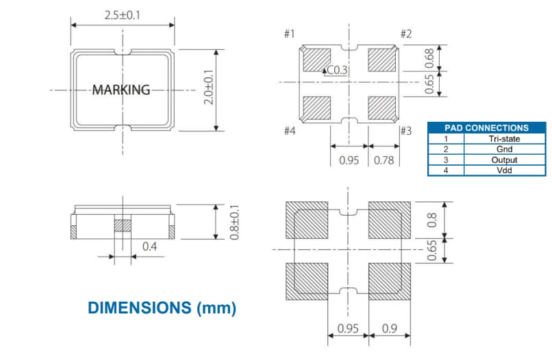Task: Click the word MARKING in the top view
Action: pyautogui.click(x=121, y=90)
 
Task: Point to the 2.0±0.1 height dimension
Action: pyautogui.click(x=210, y=89)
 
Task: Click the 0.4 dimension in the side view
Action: pyautogui.click(x=149, y=245)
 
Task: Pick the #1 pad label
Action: pyautogui.click(x=289, y=34)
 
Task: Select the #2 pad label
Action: pyautogui.click(x=405, y=34)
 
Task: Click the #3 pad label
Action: pyautogui.click(x=405, y=131)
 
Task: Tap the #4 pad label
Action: pyautogui.click(x=289, y=131)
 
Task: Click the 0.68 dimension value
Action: pyautogui.click(x=429, y=57)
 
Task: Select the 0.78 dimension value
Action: pyautogui.click(x=385, y=162)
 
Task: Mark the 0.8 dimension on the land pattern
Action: pyautogui.click(x=431, y=220)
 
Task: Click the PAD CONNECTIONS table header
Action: pyautogui.click(x=486, y=127)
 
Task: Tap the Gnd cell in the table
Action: pyautogui.click(x=504, y=149)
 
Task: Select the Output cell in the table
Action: pyautogui.click(x=504, y=159)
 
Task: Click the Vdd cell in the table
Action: pyautogui.click(x=504, y=170)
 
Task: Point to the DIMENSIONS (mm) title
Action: pyautogui.click(x=162, y=308)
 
